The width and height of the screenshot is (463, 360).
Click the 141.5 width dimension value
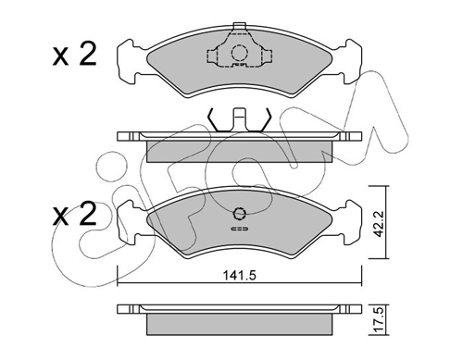coord(239,275)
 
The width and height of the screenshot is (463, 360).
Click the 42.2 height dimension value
coord(378,224)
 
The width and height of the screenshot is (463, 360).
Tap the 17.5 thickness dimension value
coord(378,320)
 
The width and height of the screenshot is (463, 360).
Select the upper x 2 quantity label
coord(74,55)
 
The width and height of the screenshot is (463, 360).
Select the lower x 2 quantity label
coord(74,214)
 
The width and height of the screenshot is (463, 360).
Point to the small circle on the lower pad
coord(239,213)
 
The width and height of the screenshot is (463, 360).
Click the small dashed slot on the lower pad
coord(239,229)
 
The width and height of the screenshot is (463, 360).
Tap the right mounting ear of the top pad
coord(350,61)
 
